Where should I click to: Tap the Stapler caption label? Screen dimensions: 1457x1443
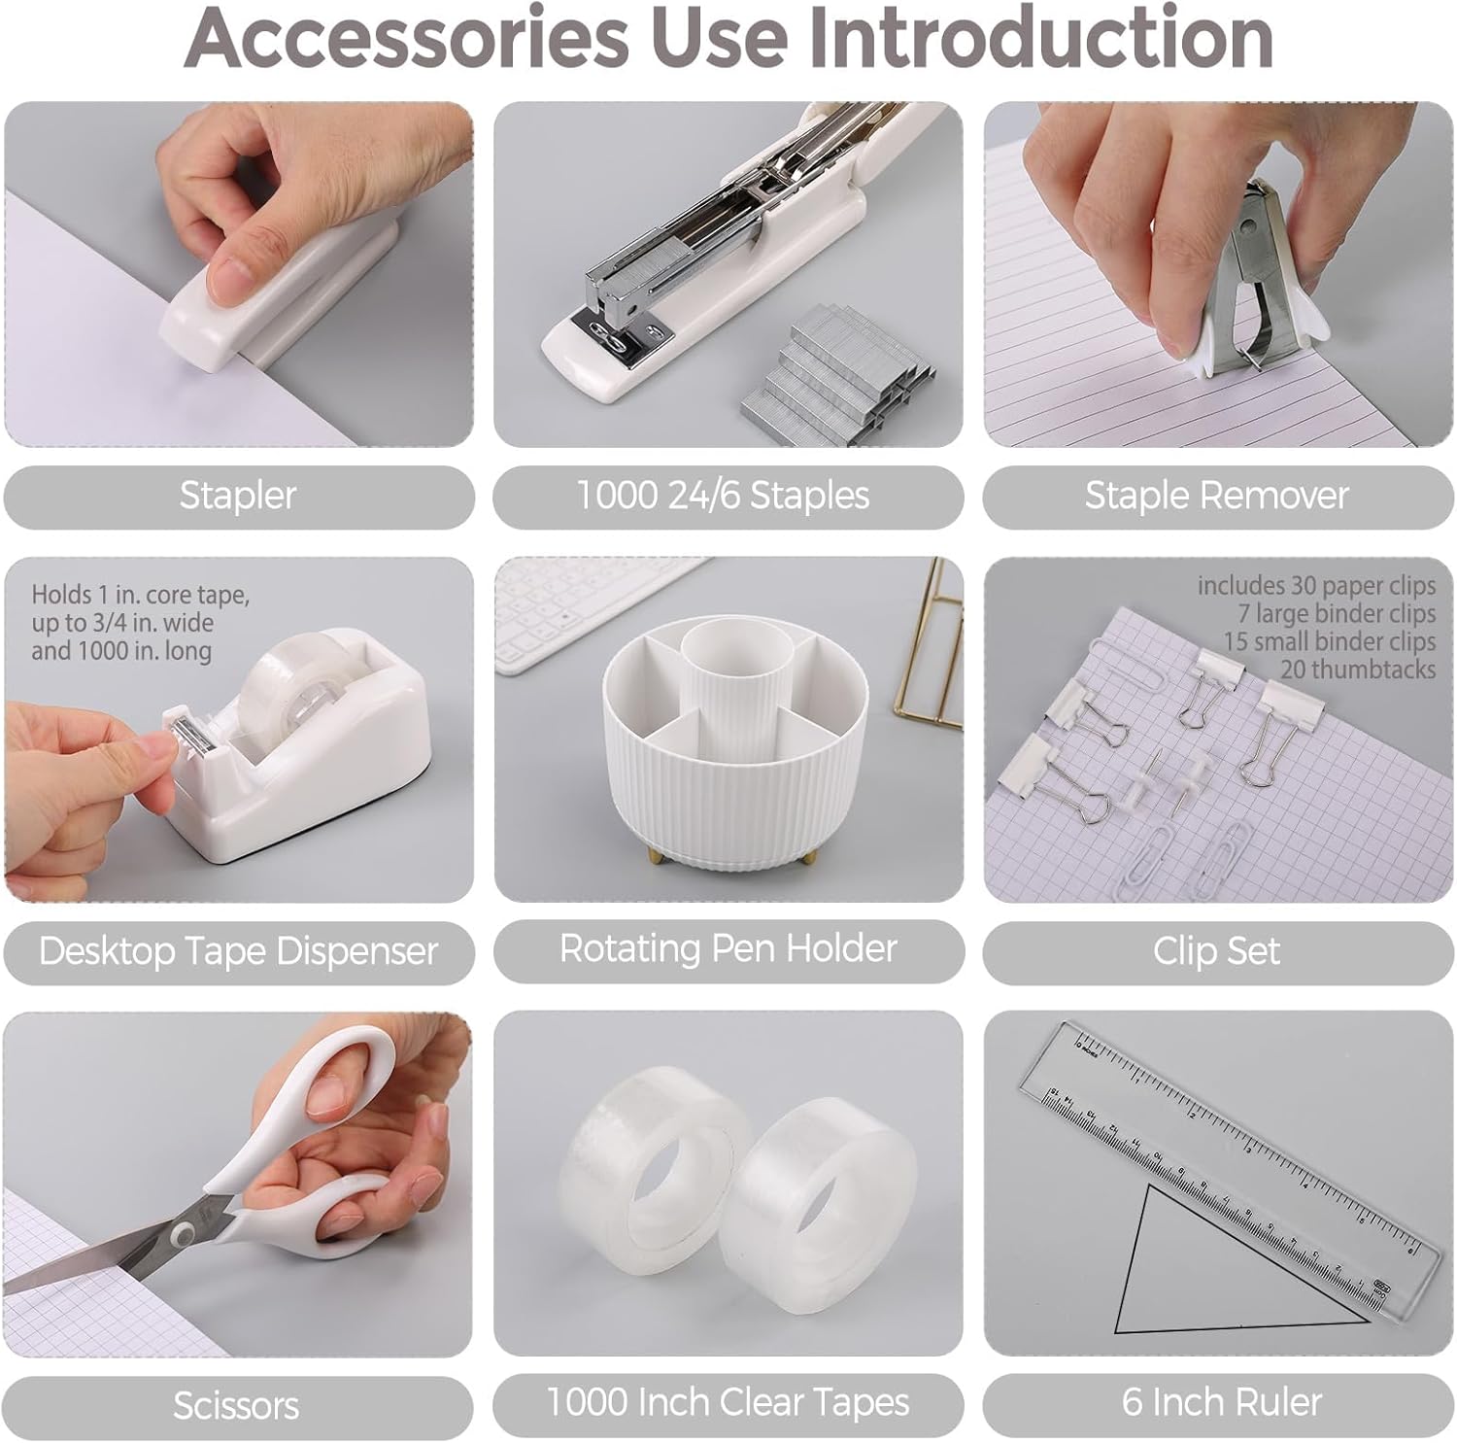pos(238,496)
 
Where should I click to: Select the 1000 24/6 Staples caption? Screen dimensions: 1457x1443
pos(724,496)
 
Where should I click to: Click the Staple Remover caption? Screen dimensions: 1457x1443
pos(1216,496)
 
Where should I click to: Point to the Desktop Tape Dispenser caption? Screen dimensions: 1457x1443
pos(238,950)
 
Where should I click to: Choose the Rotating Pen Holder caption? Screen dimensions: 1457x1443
pos(728,948)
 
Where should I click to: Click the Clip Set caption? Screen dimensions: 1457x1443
pos(1216,950)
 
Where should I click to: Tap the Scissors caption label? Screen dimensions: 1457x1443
pos(236,1405)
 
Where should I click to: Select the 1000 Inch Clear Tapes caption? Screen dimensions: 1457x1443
pos(728,1402)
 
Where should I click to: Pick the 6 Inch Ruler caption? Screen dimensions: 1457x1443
pos(1222,1402)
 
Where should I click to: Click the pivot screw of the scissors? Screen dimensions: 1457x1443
pos(182,1235)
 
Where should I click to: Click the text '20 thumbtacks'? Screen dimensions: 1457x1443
pos(1357,670)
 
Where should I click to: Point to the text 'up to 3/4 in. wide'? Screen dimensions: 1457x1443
pos(122,623)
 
